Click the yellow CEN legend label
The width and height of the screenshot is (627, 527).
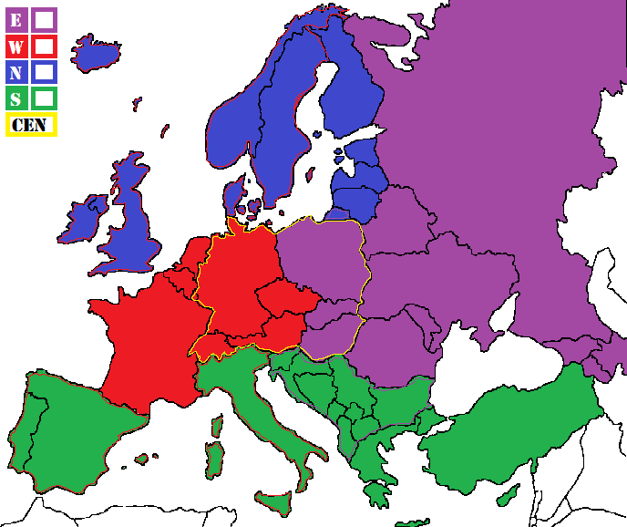pyautogui.click(x=32, y=125)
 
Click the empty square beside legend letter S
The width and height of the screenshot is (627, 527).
pyautogui.click(x=44, y=98)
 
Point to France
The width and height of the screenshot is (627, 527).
pyautogui.click(x=146, y=337)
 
